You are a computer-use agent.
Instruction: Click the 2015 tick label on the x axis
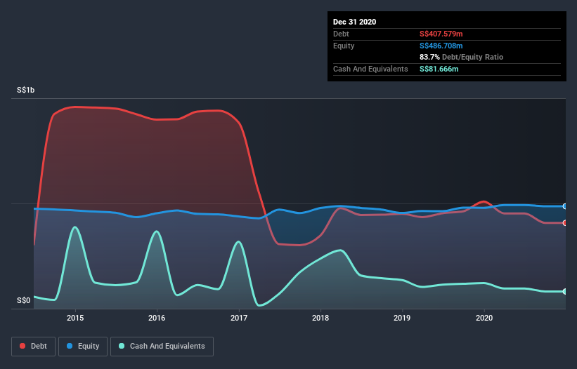(x=75, y=318)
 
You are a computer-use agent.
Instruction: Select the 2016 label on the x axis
(x=157, y=318)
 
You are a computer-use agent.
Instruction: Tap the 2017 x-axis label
(x=239, y=318)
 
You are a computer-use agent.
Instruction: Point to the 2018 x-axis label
(x=320, y=318)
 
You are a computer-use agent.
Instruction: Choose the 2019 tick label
(x=403, y=318)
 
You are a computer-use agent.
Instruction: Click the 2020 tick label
(x=484, y=318)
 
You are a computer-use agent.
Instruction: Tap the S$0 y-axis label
(x=24, y=301)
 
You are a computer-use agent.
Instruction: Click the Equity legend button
(x=83, y=346)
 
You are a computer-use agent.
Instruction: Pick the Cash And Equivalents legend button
(x=162, y=346)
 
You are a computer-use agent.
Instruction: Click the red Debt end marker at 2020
(x=564, y=223)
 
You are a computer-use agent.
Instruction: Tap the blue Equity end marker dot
(x=564, y=206)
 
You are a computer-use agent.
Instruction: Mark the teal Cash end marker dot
(x=564, y=291)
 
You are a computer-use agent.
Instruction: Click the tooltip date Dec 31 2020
(x=354, y=22)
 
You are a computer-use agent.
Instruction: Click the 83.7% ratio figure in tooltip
(x=431, y=57)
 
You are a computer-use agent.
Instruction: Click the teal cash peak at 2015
(x=74, y=227)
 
